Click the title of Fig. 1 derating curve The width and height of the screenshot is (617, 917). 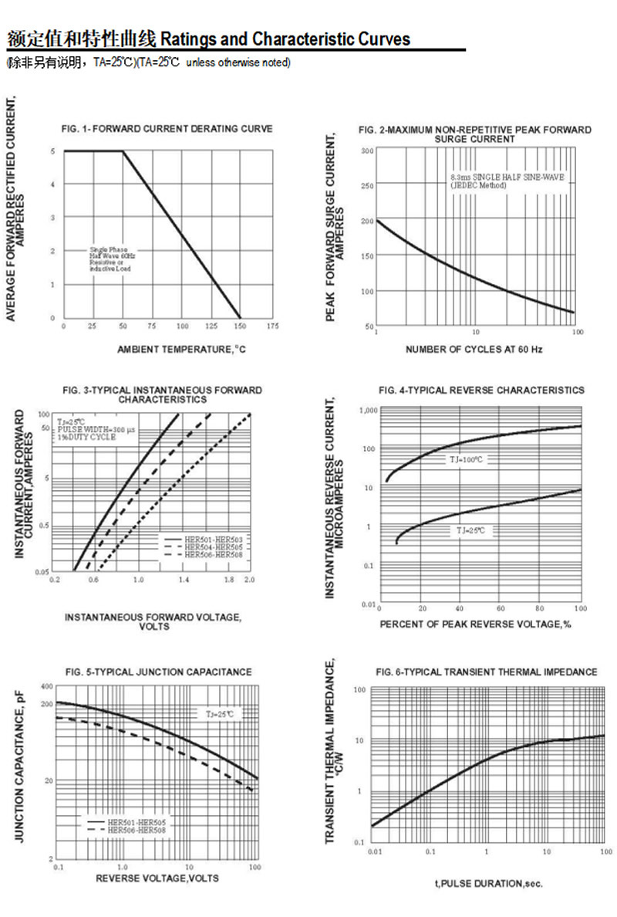(167, 129)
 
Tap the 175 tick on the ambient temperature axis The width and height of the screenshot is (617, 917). (272, 327)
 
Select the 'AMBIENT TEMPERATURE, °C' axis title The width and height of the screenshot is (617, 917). (181, 350)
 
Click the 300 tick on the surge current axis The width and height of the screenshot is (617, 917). (368, 151)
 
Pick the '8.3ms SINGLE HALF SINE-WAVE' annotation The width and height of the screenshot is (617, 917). (507, 178)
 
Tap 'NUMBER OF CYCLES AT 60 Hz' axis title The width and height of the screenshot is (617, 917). (474, 350)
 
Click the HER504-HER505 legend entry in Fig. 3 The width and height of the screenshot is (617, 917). (213, 546)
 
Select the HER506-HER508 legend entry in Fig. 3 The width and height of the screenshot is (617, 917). (213, 555)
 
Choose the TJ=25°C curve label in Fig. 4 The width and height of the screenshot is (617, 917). (472, 531)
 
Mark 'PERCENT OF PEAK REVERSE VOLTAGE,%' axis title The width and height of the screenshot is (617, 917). (475, 624)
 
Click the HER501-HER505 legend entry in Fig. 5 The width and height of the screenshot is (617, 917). (137, 823)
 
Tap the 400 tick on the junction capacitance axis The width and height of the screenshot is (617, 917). (46, 686)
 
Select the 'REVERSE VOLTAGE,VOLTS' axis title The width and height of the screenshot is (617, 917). (157, 878)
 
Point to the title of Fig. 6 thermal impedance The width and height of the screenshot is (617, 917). (487, 672)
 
